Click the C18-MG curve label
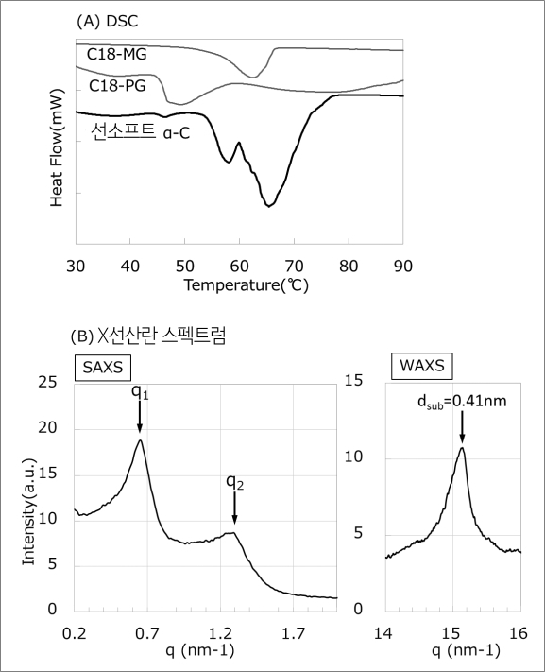(x=116, y=55)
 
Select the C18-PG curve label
(x=117, y=86)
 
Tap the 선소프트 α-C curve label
(x=141, y=132)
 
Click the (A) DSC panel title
(x=107, y=22)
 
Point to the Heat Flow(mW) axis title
(x=57, y=147)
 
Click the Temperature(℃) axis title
(x=246, y=285)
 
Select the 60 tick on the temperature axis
(x=239, y=267)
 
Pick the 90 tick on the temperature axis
(x=402, y=267)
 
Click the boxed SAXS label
(x=103, y=368)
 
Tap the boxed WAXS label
(x=422, y=366)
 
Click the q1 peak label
(x=140, y=392)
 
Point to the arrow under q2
(x=234, y=508)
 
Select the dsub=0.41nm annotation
(x=462, y=402)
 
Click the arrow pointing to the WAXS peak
(x=462, y=427)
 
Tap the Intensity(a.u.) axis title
(x=29, y=511)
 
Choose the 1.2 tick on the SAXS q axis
(x=220, y=633)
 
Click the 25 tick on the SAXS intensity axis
(x=47, y=382)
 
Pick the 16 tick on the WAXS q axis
(x=519, y=633)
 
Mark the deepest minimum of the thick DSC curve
(x=268, y=206)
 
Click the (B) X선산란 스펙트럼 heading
(x=147, y=336)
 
